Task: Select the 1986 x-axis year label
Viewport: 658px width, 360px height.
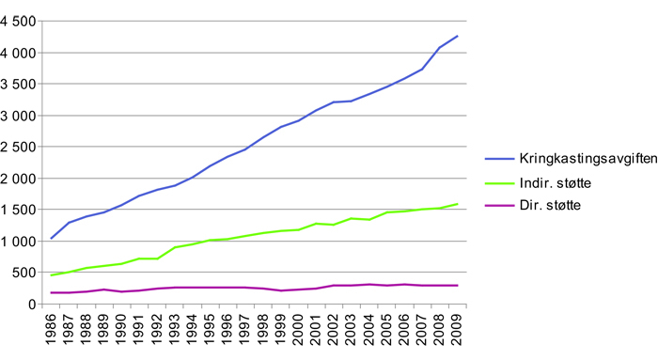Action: (x=53, y=332)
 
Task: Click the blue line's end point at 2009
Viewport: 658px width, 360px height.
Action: (x=457, y=36)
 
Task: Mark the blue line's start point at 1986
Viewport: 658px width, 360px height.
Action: (x=51, y=239)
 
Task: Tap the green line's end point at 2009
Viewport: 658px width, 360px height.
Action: (x=457, y=203)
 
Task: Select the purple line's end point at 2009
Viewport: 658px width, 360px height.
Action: (x=457, y=285)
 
